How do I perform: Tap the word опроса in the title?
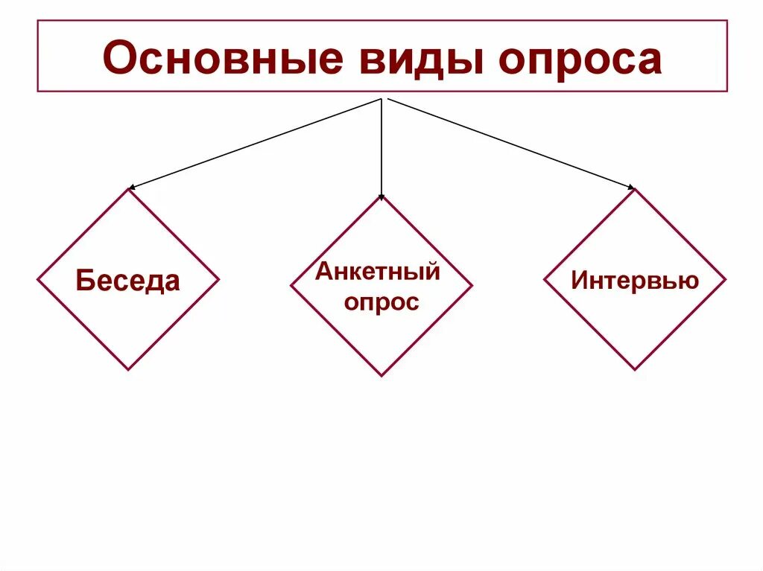580,60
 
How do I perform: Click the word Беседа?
128,281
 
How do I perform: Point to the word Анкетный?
378,271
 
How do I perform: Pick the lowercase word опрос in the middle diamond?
381,302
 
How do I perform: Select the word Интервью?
635,281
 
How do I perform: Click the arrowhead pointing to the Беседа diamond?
131,188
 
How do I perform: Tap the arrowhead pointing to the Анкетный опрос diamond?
381,197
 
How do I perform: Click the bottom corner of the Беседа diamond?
128,369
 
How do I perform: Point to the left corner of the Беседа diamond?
37,280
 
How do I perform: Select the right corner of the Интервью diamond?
726,280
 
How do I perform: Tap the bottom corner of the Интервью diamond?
635,369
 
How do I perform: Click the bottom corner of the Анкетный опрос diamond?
381,376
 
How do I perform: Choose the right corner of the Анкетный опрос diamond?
472,286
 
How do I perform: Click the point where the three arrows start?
381,98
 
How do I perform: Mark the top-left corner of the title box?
37,21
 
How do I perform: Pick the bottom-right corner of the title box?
727,92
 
